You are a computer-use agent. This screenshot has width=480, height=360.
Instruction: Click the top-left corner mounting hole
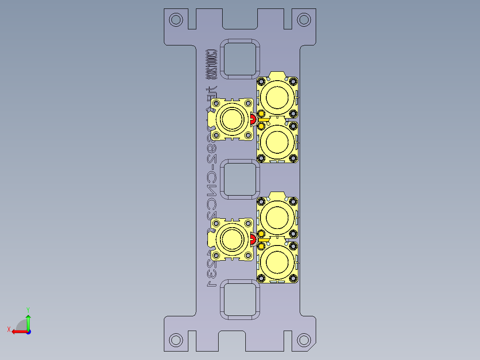[x=176, y=20]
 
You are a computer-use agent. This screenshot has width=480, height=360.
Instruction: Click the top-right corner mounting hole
[x=304, y=20]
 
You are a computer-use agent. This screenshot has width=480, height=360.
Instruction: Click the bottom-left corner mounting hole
[x=176, y=340]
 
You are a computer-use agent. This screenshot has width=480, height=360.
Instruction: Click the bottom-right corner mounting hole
[x=304, y=340]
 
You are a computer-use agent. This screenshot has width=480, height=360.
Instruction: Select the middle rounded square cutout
[x=240, y=180]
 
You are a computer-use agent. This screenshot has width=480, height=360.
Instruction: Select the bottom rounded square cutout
[x=240, y=299]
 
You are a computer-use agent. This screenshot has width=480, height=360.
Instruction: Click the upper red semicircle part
[x=252, y=119]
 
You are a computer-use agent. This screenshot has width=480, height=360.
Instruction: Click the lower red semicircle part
[x=252, y=240]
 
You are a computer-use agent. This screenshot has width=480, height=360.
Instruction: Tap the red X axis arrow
[x=18, y=331]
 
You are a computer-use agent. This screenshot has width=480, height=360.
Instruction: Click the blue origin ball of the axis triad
[x=28, y=331]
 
